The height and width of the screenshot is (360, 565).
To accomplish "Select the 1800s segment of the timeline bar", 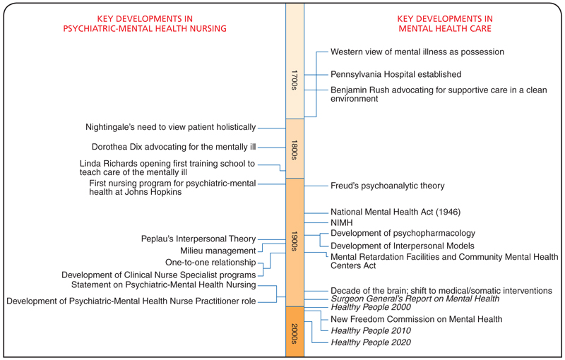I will click(295, 149).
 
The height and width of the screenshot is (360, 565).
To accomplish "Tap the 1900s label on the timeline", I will click(295, 241).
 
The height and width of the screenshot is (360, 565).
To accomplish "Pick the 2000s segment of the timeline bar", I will click(295, 332).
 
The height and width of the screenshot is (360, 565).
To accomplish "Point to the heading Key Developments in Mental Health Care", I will click(445, 23).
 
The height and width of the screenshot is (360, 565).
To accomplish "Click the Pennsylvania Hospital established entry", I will click(395, 74).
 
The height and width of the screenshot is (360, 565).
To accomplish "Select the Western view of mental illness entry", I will click(417, 52).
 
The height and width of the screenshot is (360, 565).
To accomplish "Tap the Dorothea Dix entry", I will click(174, 148).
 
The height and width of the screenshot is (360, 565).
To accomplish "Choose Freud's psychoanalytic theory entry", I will click(387, 186).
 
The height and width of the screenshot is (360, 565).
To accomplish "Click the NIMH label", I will click(342, 223).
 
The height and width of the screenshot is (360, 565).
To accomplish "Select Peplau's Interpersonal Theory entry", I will click(198, 239).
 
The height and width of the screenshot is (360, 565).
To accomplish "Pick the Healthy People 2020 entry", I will click(370, 343).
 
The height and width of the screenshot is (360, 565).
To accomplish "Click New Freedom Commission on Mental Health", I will click(416, 319).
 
